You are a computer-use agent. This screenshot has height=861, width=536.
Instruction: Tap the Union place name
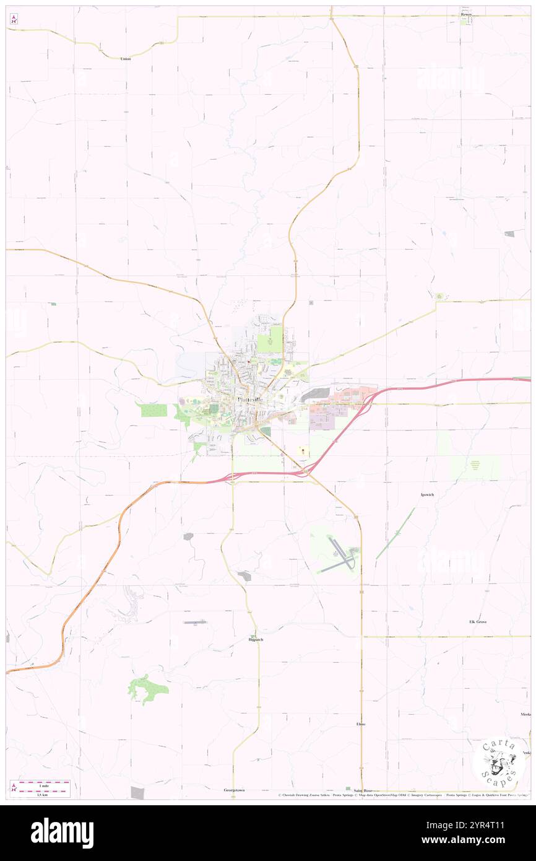126,58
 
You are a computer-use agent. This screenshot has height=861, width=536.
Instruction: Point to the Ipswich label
426,494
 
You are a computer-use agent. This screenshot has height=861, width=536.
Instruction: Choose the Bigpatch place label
256,639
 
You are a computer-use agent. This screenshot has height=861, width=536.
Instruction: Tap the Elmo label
361,723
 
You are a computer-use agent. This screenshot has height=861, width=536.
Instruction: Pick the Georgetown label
235,790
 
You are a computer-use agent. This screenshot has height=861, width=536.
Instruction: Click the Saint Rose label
363,790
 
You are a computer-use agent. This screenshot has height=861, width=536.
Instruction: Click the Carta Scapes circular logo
498,762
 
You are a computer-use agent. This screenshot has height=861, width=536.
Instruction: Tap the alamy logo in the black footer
62,833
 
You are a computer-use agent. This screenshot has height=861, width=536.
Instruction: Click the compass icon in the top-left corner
14,19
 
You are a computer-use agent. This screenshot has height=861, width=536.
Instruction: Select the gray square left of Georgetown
137,792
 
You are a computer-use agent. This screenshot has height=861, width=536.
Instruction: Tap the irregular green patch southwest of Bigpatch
147,689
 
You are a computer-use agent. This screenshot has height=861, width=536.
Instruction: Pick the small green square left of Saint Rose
347,789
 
